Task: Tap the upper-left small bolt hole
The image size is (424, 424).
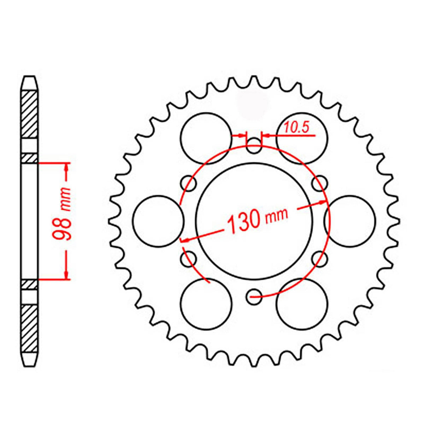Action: (189, 183)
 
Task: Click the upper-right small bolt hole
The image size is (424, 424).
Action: (319, 183)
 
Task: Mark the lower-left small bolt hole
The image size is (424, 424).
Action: (189, 258)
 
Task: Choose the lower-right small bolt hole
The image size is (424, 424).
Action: (319, 258)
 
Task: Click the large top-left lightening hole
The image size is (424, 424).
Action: (206, 138)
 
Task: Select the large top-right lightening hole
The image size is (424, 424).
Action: (302, 138)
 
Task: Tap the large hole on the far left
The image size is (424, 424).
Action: (158, 221)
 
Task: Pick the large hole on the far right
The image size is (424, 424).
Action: (350, 221)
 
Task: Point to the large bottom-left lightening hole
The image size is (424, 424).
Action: (206, 304)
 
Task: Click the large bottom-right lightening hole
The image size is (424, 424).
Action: (302, 304)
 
